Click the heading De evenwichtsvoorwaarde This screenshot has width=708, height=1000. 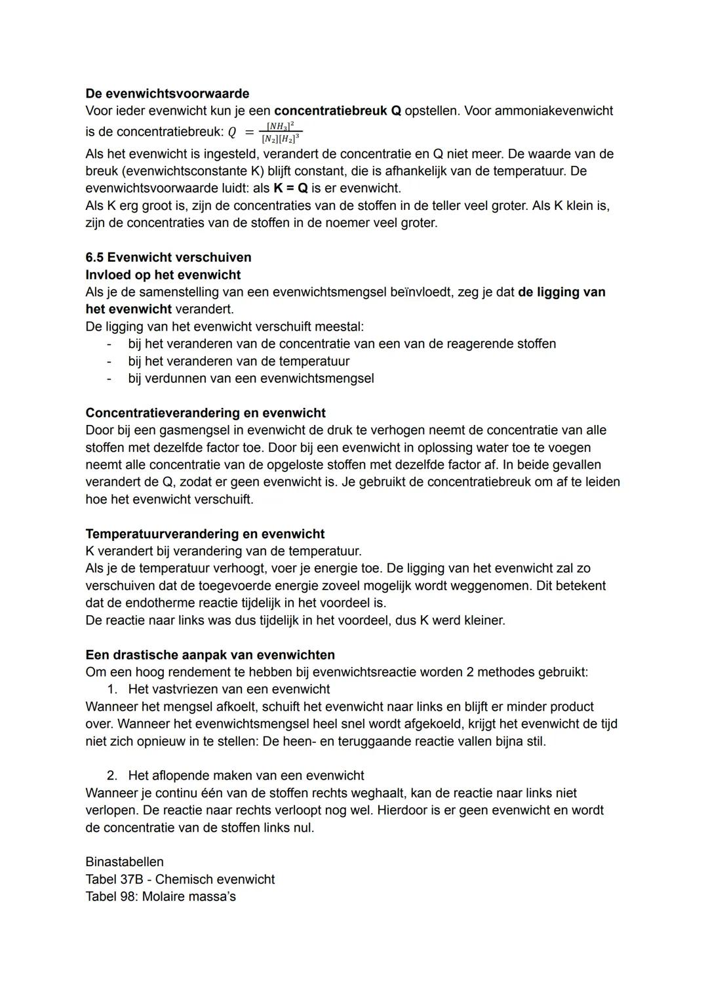167,94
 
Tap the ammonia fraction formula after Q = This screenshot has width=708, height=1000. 281,132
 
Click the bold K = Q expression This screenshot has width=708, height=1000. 290,188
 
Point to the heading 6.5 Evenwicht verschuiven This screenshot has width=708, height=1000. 168,257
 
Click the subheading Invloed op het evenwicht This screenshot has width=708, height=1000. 163,275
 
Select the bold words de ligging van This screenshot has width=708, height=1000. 561,292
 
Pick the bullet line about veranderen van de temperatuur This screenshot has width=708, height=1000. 239,361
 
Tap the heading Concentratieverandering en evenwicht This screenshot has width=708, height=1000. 205,413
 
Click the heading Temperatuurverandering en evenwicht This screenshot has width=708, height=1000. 205,534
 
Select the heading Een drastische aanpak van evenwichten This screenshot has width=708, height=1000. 210,655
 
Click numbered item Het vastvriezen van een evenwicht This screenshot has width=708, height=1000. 229,689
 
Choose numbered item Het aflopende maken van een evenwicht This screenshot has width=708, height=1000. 246,775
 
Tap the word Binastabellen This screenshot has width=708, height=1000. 125,862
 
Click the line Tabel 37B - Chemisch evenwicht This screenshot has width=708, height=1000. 180,879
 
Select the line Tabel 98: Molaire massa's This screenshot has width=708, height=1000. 160,896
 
